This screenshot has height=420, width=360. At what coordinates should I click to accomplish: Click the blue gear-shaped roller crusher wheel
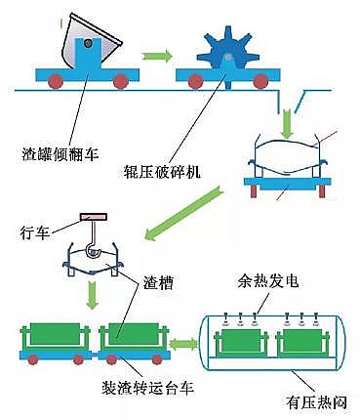coord(225,49)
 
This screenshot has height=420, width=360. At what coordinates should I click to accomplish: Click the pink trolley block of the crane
coord(94,216)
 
